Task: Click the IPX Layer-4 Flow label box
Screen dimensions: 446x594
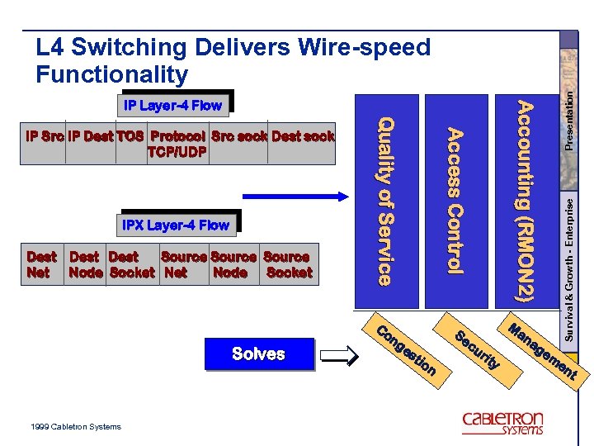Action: tap(176, 225)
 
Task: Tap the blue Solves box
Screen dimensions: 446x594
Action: tap(259, 354)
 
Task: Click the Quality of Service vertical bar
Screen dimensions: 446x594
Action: tap(384, 202)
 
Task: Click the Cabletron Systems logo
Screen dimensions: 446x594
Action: tap(502, 423)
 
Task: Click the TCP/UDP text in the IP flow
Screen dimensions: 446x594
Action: tap(176, 151)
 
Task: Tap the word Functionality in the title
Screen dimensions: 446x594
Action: tap(112, 75)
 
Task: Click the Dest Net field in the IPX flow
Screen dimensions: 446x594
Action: tap(41, 264)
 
